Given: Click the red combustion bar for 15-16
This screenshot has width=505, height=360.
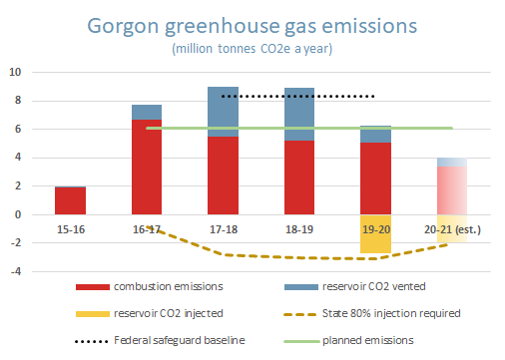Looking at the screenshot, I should pyautogui.click(x=69, y=200).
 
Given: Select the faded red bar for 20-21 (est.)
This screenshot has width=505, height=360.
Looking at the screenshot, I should pyautogui.click(x=451, y=190).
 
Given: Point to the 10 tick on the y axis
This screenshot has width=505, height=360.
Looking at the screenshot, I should pyautogui.click(x=15, y=72).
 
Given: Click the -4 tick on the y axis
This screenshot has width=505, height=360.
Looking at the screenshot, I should pyautogui.click(x=15, y=271).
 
